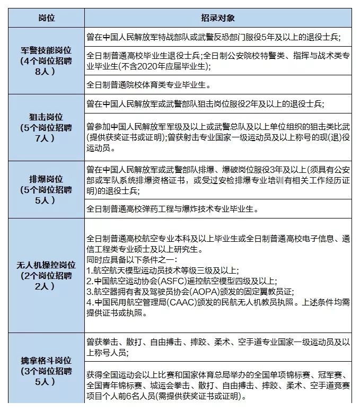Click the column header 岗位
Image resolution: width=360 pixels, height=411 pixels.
point(46,17)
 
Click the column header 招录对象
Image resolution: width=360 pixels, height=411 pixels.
point(217,17)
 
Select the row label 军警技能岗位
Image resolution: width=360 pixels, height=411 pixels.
point(46,50)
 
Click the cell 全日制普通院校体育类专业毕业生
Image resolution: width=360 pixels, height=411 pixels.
point(148,84)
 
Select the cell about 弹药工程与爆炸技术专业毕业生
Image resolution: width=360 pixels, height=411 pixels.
point(172,208)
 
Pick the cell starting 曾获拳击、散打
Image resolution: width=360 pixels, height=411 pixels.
point(217,347)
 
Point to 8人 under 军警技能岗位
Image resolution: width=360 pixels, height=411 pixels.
point(46,71)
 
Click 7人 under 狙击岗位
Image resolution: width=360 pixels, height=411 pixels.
point(46,138)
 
